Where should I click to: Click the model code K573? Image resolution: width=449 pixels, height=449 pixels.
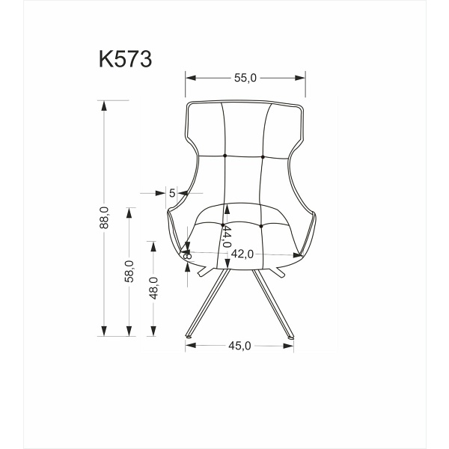click(125, 60)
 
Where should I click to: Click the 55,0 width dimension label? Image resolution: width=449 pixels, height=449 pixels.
click(246, 77)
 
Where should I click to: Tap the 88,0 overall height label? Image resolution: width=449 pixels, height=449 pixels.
click(105, 217)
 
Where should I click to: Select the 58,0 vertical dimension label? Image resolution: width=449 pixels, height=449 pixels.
click(129, 270)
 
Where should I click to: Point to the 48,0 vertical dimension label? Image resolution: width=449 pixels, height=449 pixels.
click(153, 287)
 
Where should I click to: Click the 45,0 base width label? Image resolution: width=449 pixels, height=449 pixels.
click(239, 345)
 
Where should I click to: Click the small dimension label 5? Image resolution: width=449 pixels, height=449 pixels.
click(172, 193)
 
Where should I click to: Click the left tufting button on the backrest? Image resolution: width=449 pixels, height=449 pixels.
click(225, 156)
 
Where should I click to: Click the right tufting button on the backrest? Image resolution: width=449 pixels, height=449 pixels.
click(263, 156)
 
